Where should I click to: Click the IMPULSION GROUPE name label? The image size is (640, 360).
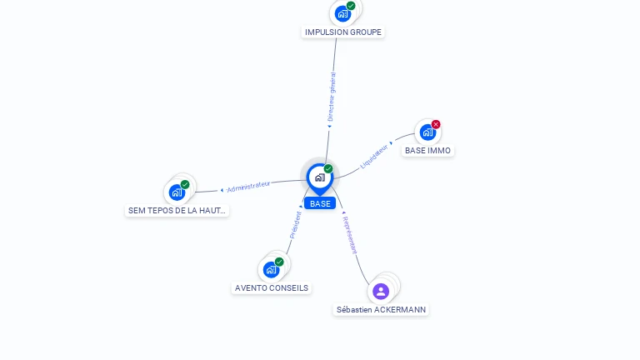(343, 32)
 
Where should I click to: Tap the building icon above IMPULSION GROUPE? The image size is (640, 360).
(342, 13)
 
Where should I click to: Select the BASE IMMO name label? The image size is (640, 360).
(427, 151)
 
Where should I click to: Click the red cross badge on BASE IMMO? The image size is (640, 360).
(436, 124)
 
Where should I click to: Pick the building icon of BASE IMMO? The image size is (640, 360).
(427, 132)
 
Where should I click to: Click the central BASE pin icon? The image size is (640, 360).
(319, 177)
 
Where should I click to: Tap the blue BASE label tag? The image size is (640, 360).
(320, 203)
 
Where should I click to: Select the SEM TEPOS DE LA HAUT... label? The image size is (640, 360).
(177, 211)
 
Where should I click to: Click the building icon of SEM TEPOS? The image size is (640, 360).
(177, 192)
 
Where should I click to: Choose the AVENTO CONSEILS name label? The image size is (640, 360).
(272, 288)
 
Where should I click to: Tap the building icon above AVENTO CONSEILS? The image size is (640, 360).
(271, 269)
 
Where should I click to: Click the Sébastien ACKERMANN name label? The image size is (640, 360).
(381, 309)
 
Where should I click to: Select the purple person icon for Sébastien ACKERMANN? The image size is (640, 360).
(381, 291)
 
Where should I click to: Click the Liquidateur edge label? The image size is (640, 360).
(374, 156)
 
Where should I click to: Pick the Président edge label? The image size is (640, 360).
(295, 225)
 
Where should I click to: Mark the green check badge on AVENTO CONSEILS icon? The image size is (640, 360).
(279, 262)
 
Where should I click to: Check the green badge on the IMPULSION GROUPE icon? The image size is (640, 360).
(351, 6)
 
